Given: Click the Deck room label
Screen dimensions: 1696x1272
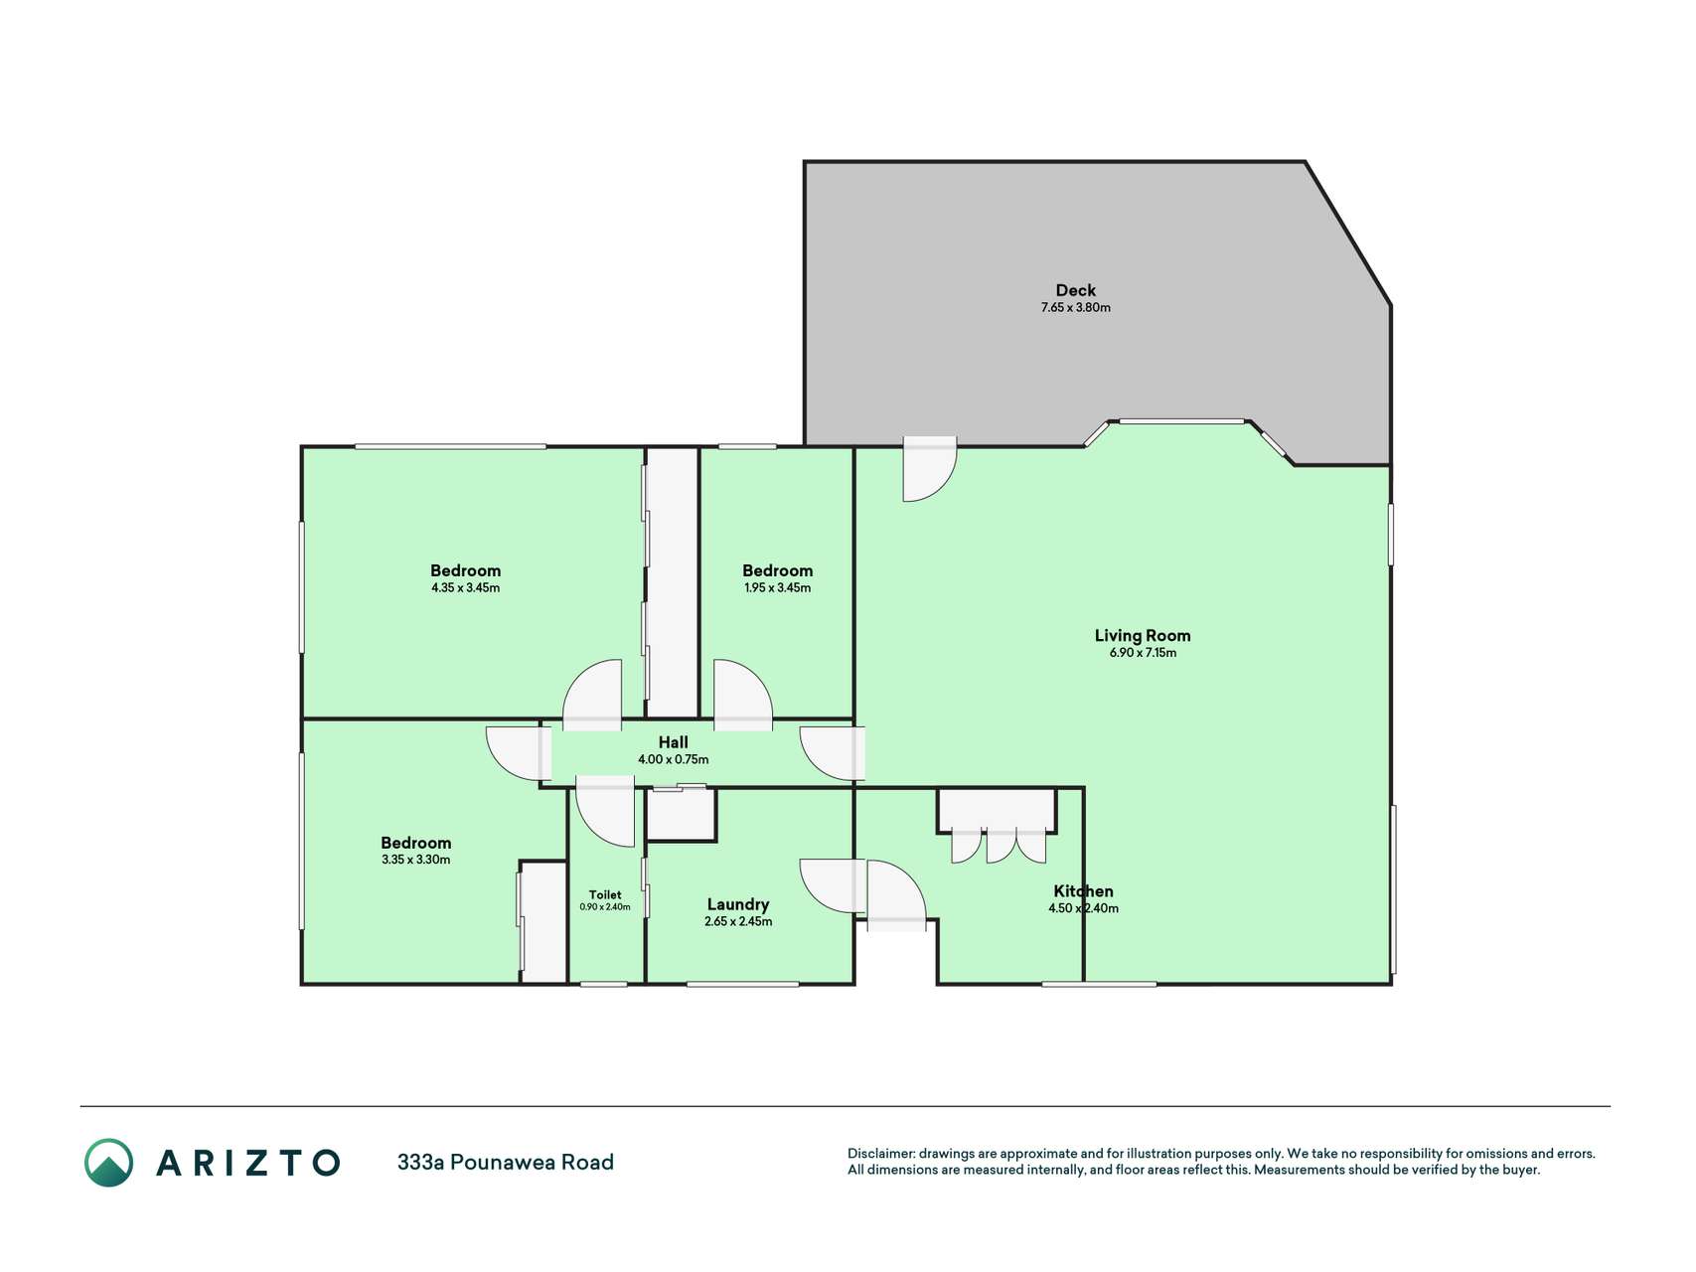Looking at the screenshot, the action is (1075, 290).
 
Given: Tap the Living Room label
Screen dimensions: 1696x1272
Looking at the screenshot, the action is (1143, 636).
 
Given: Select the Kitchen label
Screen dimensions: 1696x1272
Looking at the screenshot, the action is (1083, 891).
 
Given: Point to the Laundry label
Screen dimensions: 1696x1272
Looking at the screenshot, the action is (737, 904).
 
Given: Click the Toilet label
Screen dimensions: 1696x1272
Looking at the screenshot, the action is (605, 894).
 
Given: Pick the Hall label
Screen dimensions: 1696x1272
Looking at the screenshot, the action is (673, 742).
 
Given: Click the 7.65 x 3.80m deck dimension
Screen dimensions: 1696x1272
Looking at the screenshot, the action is (1076, 308).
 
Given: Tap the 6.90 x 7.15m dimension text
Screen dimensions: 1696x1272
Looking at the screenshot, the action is (1143, 653).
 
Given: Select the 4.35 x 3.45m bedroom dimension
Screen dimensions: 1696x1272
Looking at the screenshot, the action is (465, 588).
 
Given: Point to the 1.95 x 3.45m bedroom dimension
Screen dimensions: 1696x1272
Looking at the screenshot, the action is (777, 588).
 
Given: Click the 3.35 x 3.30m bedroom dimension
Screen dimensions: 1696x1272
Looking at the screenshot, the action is (415, 861).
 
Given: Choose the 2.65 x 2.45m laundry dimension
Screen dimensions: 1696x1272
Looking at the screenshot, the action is (737, 922).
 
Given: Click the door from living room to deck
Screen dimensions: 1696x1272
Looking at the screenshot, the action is (930, 468).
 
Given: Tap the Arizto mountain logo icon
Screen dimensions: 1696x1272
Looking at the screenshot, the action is (108, 1163).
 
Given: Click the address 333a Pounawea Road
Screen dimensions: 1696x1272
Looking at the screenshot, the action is (506, 1163).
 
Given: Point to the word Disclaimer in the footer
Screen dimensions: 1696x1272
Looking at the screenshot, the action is (880, 1154).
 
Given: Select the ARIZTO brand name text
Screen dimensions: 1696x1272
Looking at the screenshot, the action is (247, 1163).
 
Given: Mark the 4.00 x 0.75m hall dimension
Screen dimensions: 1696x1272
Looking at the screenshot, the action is (673, 760).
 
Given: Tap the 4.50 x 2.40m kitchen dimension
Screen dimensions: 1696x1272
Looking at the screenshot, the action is (1083, 908).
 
